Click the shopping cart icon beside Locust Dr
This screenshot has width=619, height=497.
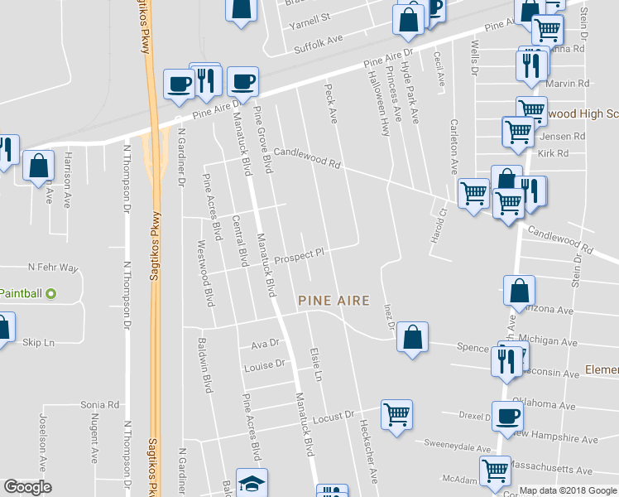coord(397,413)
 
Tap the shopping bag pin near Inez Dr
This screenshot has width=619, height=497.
coord(412,337)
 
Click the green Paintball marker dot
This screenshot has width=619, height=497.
coord(50,293)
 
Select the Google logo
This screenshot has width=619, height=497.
coord(27,487)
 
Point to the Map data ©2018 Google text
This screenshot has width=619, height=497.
coord(567,490)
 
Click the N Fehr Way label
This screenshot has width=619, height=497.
coord(52,268)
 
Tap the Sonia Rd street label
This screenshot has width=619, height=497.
coord(100,405)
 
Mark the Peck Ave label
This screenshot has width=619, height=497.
coord(332,104)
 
